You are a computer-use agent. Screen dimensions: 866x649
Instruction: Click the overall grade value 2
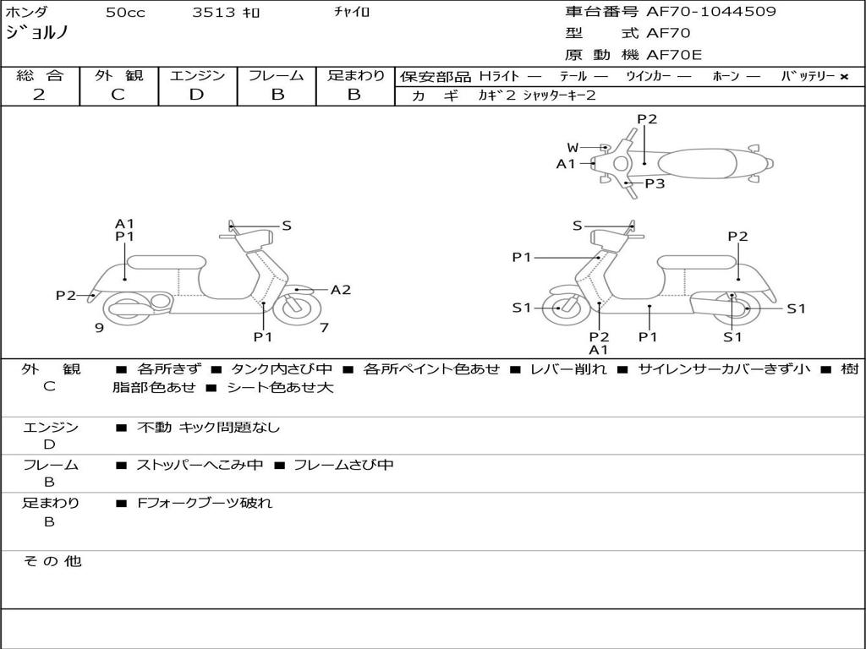pos(39,95)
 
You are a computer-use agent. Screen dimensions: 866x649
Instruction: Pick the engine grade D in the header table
pos(196,95)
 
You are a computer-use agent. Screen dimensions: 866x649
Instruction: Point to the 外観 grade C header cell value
pos(118,95)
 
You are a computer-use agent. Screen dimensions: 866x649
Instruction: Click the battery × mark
pos(843,77)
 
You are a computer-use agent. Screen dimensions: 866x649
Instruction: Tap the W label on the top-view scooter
pos(573,148)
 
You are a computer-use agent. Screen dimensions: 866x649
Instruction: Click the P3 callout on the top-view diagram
pos(655,183)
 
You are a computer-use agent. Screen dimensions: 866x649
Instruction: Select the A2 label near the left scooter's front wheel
pos(340,290)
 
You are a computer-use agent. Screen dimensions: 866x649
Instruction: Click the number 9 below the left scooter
pos(99,328)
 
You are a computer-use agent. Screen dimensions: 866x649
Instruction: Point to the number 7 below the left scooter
pos(324,328)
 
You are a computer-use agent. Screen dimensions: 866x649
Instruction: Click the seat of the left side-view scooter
pos(166,261)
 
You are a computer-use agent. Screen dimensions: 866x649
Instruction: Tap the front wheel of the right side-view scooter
pos(560,308)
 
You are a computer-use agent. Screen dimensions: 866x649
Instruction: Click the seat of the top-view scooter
pos(693,162)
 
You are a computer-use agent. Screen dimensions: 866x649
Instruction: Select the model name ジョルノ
pos(37,34)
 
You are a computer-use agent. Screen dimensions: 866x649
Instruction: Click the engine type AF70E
pos(674,56)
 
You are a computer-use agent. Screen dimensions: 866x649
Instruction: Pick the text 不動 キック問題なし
pos(208,428)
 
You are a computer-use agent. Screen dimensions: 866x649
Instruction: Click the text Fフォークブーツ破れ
pos(205,503)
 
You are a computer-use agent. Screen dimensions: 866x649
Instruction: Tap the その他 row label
pos(52,561)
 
